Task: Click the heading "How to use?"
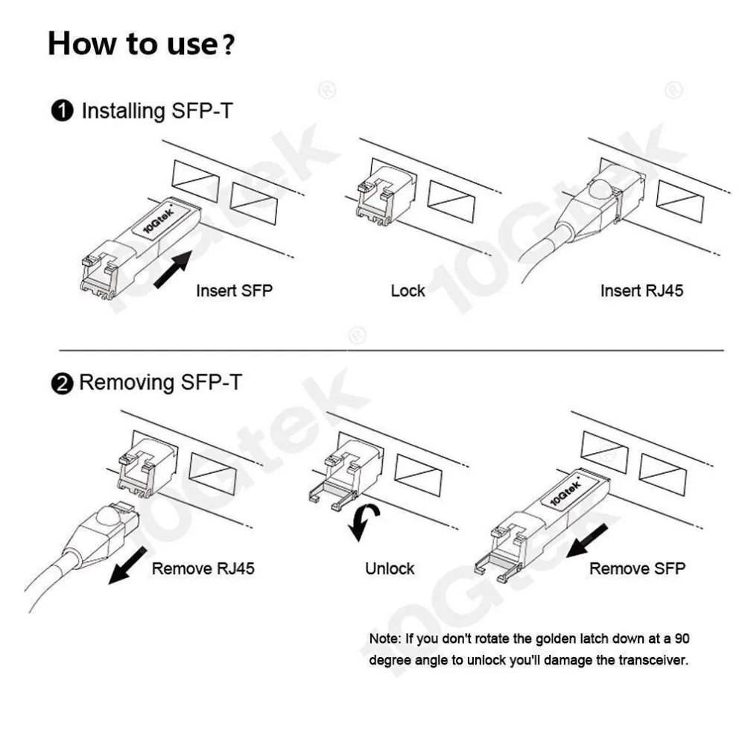142,44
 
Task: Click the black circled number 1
63,112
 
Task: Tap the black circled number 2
63,384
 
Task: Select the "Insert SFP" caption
234,291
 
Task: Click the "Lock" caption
408,291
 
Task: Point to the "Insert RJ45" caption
641,291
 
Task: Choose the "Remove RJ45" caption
203,569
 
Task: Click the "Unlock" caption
390,569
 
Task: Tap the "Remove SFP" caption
637,569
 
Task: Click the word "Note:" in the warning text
385,639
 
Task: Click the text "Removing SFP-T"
160,384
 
